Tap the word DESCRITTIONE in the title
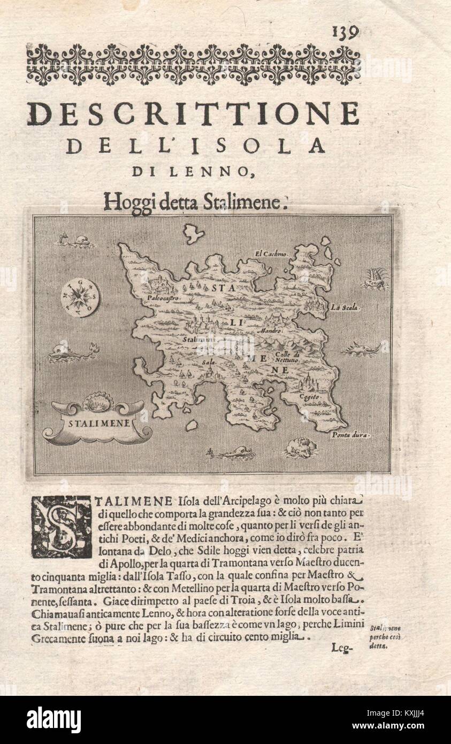tap(193, 114)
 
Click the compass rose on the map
tap(80, 297)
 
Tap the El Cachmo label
tap(271, 253)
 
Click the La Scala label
tap(346, 308)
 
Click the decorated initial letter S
tap(60, 526)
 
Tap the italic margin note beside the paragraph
tap(386, 636)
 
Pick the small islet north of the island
tap(193, 233)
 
